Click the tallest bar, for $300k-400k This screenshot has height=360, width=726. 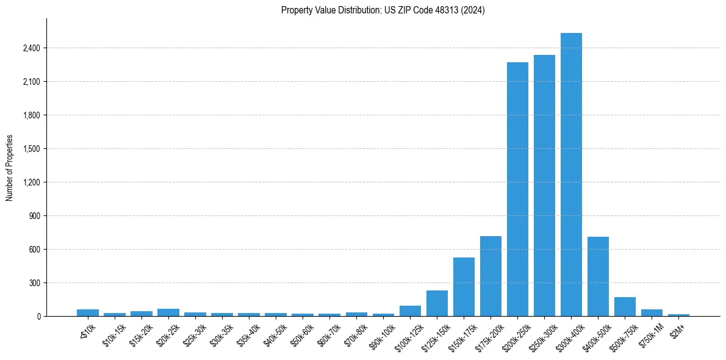tap(571, 175)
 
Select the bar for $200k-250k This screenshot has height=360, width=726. tap(517, 189)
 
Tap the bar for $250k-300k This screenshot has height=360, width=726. tap(544, 185)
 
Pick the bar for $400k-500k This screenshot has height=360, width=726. tap(598, 276)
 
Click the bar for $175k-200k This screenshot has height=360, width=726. tap(491, 276)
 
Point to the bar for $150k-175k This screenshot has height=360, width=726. tap(464, 287)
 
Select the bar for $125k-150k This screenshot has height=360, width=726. tap(437, 303)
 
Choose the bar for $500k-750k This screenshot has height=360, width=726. tap(625, 307)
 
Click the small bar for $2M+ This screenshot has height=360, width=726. tap(678, 315)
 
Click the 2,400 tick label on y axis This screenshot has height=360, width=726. tap(30, 48)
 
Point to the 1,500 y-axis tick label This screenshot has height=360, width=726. tap(30, 149)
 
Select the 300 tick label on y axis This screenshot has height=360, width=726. tap(34, 283)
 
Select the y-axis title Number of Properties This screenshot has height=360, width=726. tap(10, 167)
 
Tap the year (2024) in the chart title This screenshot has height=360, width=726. tap(474, 10)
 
